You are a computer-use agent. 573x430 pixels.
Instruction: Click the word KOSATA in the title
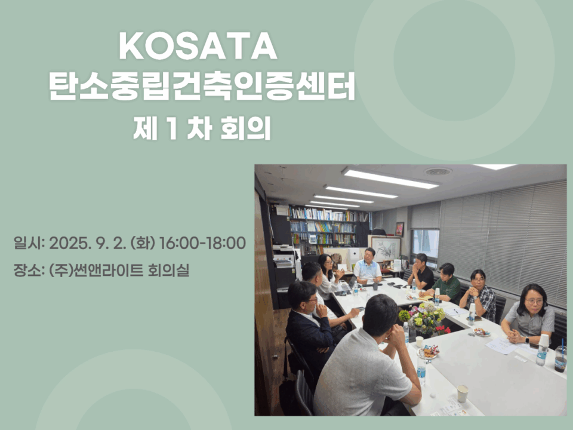198,46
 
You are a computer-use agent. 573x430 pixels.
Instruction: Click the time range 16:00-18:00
203,243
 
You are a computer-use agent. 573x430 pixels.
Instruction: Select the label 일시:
29,243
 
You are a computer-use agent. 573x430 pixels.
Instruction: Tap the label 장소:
29,271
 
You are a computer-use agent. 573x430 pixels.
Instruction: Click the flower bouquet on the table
425,318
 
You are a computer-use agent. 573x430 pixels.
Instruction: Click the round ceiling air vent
438,171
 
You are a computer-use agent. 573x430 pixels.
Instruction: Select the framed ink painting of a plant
386,248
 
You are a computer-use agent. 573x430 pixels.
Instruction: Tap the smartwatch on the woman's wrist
527,340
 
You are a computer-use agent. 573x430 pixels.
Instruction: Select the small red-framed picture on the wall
399,229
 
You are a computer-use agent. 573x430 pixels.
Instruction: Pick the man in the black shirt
421,272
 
